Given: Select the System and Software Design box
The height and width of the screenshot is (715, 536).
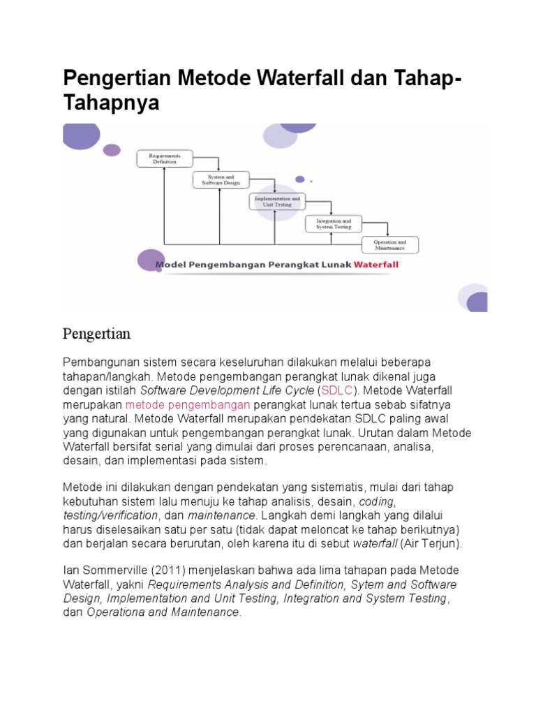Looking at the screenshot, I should coord(221,179).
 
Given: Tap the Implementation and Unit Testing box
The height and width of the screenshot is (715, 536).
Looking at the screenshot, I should coord(277,202).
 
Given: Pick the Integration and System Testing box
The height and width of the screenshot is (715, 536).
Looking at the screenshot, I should coord(333,223).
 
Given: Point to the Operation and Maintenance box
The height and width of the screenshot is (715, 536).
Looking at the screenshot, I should coord(389,245).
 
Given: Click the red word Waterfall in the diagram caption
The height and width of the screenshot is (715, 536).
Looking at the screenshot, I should coord(376,265).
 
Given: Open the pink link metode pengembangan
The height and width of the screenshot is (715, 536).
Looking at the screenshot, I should coord(187,404).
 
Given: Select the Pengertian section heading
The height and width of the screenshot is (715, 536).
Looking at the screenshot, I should coord(96,334).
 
